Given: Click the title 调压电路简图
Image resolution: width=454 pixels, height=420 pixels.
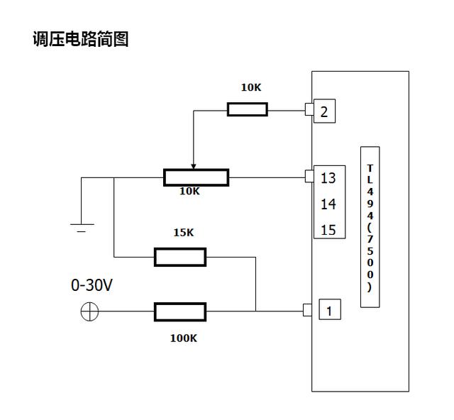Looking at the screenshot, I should point(80,39).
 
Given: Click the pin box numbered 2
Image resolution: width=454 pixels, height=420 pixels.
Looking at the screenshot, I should point(323,111).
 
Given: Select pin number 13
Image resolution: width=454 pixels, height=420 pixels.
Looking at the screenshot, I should point(328,178).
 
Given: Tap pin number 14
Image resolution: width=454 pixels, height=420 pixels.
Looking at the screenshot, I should point(328,204).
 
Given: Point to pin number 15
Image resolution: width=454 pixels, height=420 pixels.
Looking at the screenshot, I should point(328,230).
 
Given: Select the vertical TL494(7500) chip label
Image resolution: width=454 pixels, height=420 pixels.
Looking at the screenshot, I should point(370,227).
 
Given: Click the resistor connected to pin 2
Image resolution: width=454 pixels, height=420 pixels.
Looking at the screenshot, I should point(247,109).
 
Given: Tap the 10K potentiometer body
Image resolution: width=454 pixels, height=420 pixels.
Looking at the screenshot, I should point(196,177).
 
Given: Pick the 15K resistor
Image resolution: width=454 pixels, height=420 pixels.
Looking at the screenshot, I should point(180,257).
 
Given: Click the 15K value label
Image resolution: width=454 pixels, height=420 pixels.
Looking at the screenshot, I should point(183,233).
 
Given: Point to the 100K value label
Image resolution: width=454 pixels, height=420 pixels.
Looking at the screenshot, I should point(183,338).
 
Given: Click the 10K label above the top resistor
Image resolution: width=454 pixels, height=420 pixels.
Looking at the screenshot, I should point(250,88).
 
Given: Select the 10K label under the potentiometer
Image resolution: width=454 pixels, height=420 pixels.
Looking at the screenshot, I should point(190,192).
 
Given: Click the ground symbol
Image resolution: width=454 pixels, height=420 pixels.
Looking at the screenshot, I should point(81,227).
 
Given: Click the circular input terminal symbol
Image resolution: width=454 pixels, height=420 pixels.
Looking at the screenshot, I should point(89,311).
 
